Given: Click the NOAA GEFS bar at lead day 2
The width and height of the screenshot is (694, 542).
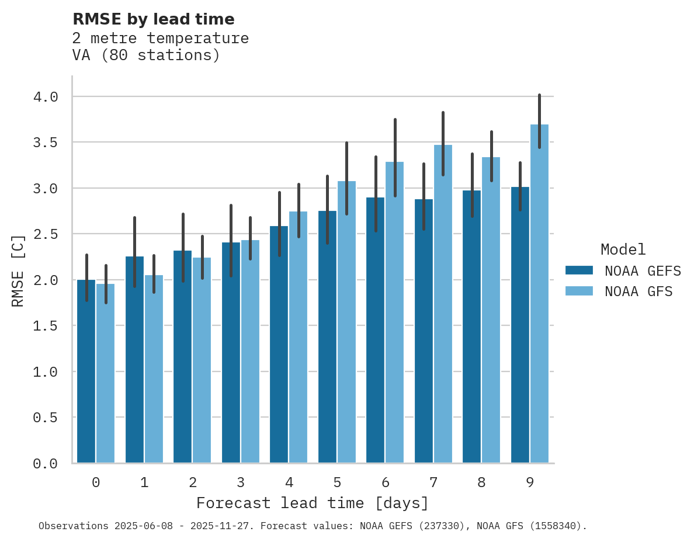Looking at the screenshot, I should tap(182, 357).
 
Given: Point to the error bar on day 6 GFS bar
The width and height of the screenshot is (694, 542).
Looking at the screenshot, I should tap(395, 158).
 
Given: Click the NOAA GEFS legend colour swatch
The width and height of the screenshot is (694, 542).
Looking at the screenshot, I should tap(579, 270).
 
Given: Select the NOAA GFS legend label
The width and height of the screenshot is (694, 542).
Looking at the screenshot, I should tap(639, 291).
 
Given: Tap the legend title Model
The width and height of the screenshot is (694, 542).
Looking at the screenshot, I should tap(623, 249).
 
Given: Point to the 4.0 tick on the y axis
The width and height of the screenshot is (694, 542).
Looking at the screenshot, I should tap(46, 97).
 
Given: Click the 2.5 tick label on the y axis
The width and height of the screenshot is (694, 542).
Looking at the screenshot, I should tap(46, 234).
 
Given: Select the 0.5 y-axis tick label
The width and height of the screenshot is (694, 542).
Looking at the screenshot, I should tap(46, 418).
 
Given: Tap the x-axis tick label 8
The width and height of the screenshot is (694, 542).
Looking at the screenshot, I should tap(481, 482).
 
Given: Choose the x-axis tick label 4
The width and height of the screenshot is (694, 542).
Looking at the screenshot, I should tap(289, 482).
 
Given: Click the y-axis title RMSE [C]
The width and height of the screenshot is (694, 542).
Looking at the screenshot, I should tap(18, 270).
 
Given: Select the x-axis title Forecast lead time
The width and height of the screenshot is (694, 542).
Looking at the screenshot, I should tap(312, 503).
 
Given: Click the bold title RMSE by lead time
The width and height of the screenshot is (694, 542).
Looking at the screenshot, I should tap(153, 19).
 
